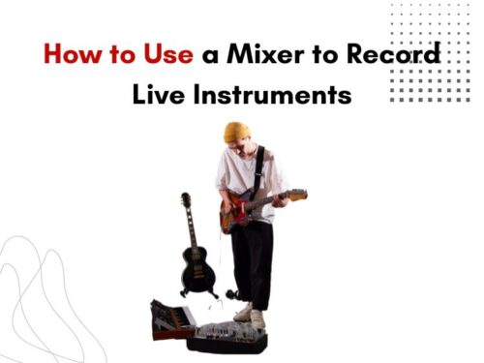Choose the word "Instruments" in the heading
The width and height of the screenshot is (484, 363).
pyautogui.click(x=274, y=96)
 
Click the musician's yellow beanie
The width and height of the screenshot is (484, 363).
pyautogui.click(x=236, y=130)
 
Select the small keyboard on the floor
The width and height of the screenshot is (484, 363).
pyautogui.click(x=172, y=319)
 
